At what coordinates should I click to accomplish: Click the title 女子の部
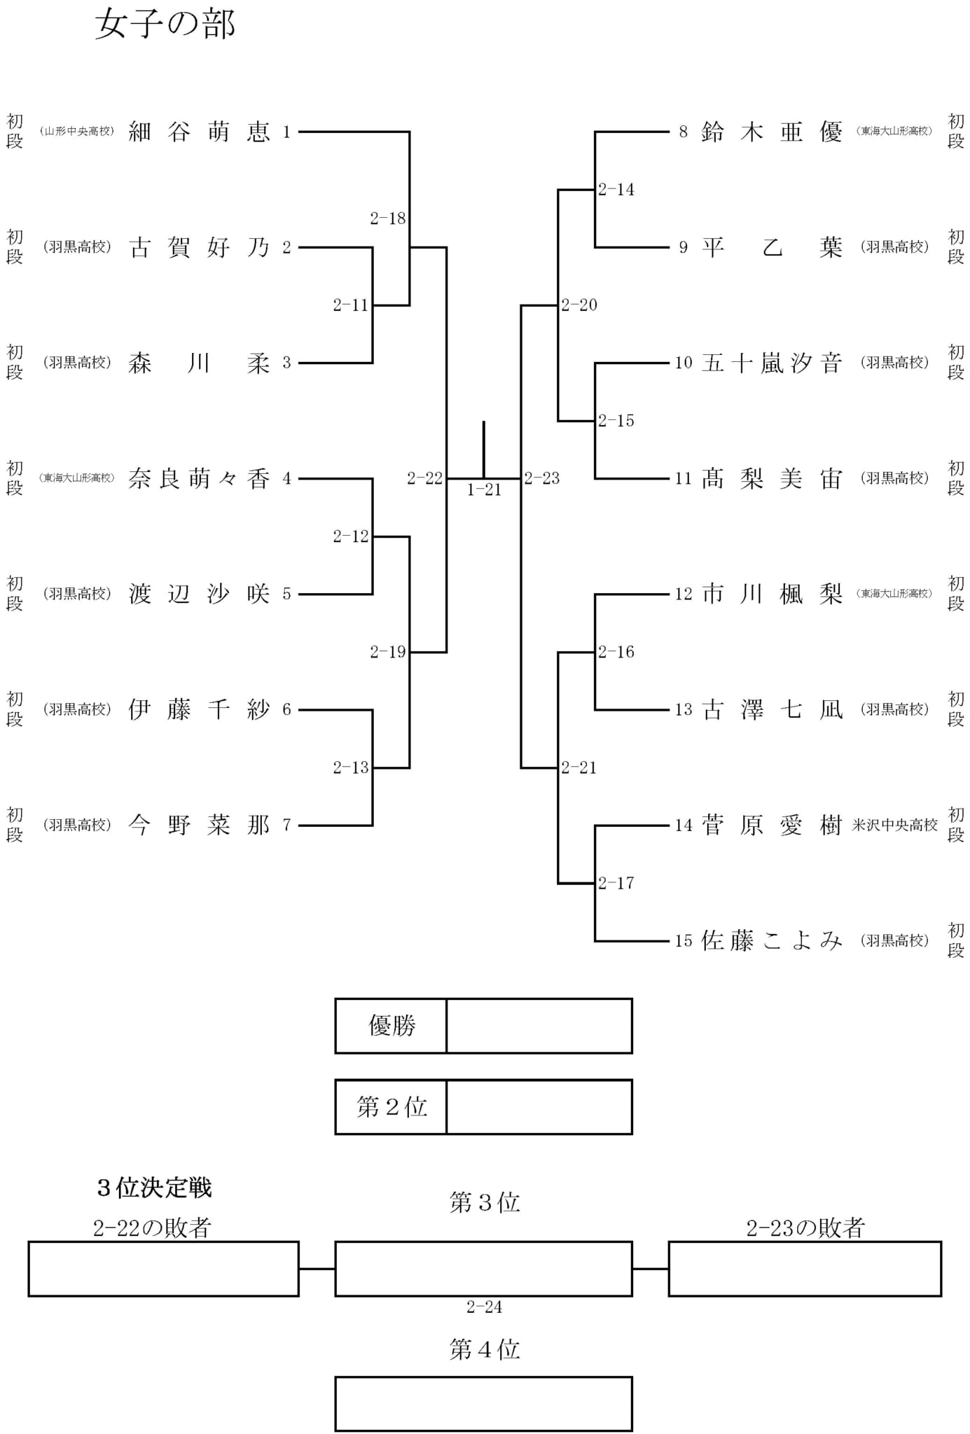pos(165,24)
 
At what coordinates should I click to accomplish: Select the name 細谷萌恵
pos(200,132)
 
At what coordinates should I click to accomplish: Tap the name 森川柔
pos(200,363)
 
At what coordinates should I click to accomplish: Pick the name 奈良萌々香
pos(200,478)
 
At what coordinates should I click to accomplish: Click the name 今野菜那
pos(200,825)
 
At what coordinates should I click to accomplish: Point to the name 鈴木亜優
pos(772,132)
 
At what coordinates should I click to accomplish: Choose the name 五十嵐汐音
pos(772,363)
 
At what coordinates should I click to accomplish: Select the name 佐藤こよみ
pos(772,940)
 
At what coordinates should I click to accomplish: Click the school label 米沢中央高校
pos(894,825)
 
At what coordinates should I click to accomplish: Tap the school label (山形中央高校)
pos(77,132)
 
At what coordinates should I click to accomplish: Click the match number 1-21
pos(485,490)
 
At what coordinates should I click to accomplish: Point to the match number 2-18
pos(388,218)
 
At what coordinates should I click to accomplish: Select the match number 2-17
pos(616,883)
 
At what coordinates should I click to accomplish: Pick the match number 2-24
pos(485,1307)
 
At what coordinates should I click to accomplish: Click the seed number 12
pos(684,594)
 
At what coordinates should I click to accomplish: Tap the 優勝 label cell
pos(391,1026)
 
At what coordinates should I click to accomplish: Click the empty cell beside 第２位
pos(539,1106)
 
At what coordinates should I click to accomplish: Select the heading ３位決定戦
pos(154,1188)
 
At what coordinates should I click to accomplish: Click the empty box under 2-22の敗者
pos(164,1269)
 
